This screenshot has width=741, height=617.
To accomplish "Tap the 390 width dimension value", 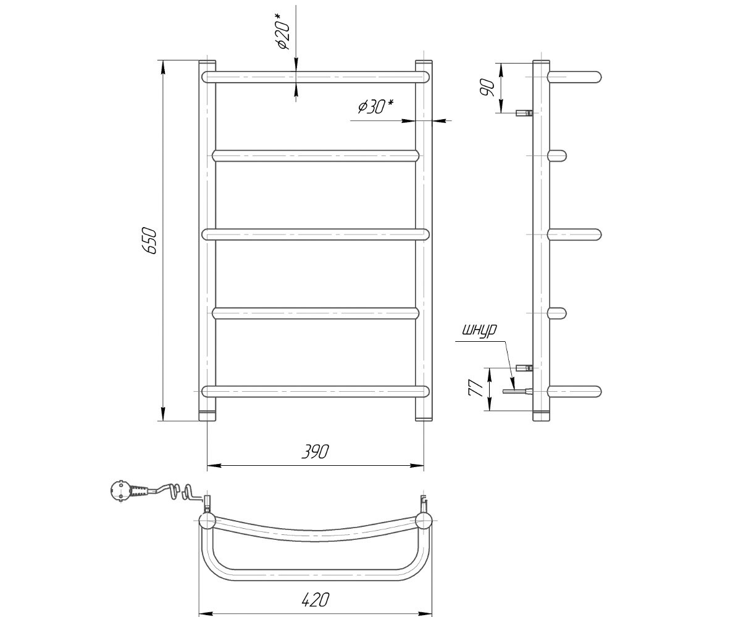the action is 315,452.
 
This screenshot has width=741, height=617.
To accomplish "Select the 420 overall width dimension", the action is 315,599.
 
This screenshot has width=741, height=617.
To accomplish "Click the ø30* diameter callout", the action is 376,106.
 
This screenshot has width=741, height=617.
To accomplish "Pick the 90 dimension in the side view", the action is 487,88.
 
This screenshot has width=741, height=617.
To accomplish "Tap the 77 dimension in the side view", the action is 476,388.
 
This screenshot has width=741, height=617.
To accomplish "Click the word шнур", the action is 479,331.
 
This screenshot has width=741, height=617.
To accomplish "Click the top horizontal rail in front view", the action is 315,77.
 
